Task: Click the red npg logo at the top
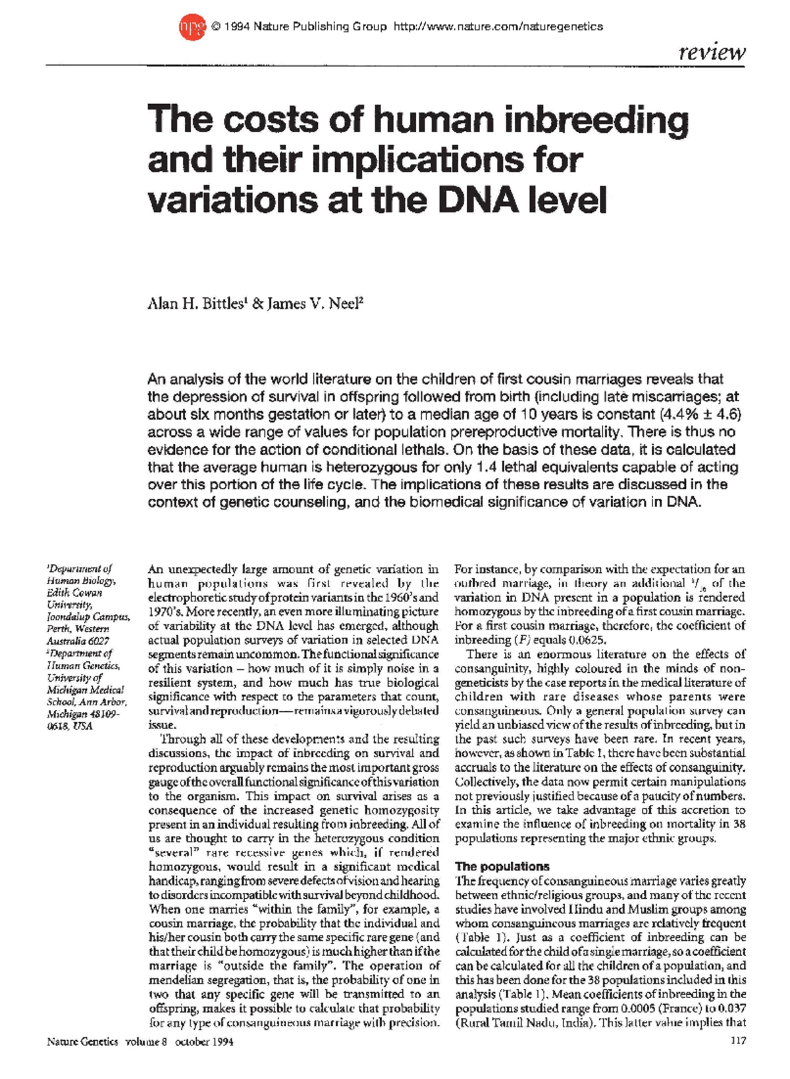pos(192,27)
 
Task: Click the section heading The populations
pos(502,866)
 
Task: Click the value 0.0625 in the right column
pos(585,640)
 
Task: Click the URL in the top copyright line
pos(498,27)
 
